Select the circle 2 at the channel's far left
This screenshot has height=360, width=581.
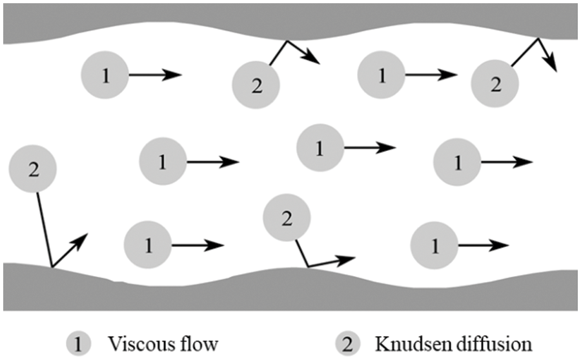tap(33, 170)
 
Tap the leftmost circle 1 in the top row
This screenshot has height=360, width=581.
tap(105, 75)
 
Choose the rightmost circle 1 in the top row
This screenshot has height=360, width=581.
tap(381, 75)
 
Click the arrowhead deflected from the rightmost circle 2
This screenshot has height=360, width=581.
tap(553, 66)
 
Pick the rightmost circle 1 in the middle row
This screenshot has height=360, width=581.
tap(458, 161)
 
